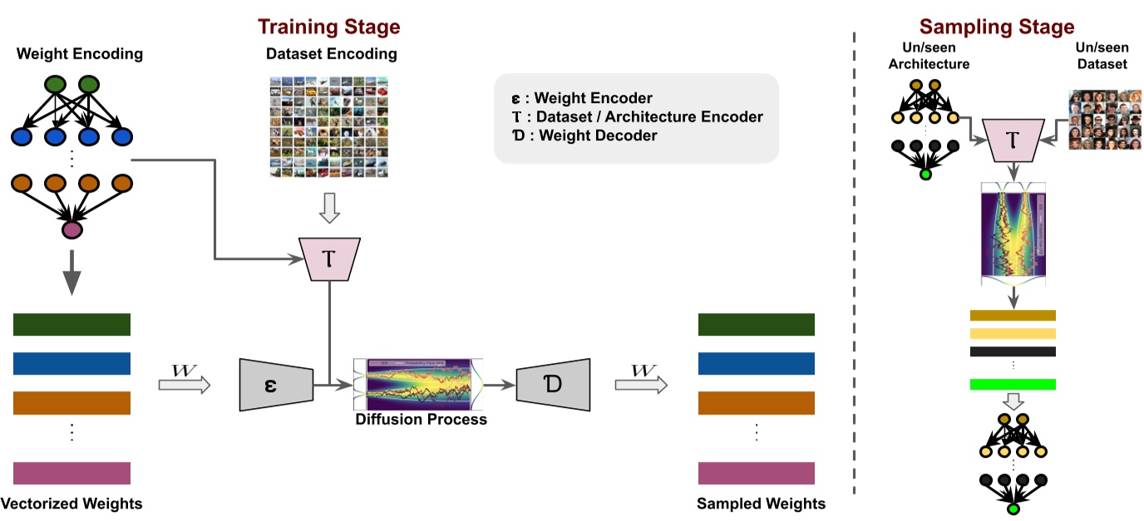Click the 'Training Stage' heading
pyautogui.click(x=328, y=26)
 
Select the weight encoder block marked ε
pyautogui.click(x=275, y=385)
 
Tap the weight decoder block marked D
pyautogui.click(x=553, y=385)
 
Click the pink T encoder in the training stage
pyautogui.click(x=330, y=258)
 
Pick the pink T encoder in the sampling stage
pyautogui.click(x=1013, y=139)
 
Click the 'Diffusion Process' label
pyautogui.click(x=421, y=420)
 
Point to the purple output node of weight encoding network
pyautogui.click(x=72, y=229)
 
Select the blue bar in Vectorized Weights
pyautogui.click(x=71, y=363)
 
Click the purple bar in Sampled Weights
pyautogui.click(x=756, y=473)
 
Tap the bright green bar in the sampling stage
pyautogui.click(x=1012, y=384)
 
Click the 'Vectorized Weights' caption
pyautogui.click(x=71, y=504)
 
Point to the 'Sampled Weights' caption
pyautogui.click(x=761, y=504)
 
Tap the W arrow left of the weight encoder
pyautogui.click(x=185, y=384)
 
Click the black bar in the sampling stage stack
pyautogui.click(x=1012, y=351)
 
